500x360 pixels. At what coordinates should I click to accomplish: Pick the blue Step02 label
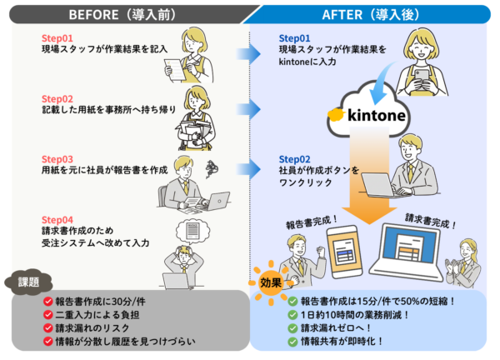(294, 158)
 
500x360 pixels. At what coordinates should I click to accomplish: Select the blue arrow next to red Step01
(247, 55)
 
